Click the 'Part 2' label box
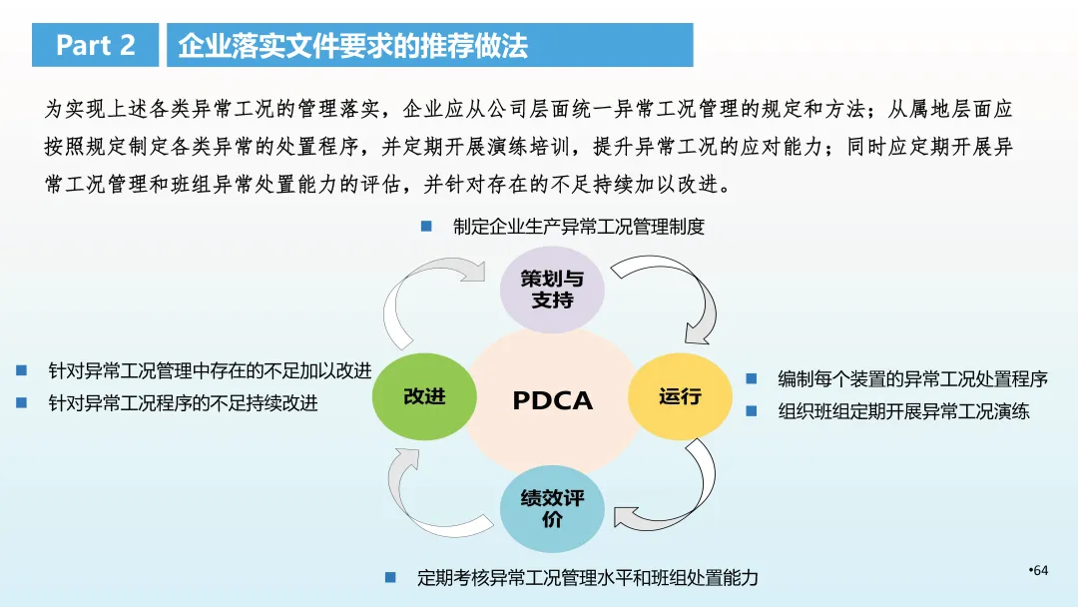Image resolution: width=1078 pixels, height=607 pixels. (x=96, y=45)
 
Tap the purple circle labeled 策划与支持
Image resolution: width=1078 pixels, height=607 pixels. (x=552, y=289)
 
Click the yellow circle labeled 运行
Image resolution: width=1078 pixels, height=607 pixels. (x=679, y=396)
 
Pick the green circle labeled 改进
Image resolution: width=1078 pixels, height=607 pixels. (x=424, y=396)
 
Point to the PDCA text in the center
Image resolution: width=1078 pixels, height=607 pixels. (x=552, y=400)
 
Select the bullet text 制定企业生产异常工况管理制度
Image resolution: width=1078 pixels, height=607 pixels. (x=579, y=227)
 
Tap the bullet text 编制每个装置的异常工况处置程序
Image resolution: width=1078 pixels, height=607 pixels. (x=912, y=379)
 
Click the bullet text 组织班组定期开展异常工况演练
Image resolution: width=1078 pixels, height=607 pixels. (x=903, y=410)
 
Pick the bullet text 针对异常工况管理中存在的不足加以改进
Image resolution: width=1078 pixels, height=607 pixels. (x=210, y=371)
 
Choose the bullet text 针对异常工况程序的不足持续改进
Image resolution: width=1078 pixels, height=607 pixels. (x=184, y=403)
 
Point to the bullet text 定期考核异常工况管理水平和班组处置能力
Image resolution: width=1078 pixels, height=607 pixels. (x=588, y=577)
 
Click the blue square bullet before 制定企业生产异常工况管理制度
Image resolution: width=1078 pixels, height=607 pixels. (x=426, y=227)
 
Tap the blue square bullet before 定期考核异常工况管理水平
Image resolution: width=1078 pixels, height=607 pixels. (x=391, y=577)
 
